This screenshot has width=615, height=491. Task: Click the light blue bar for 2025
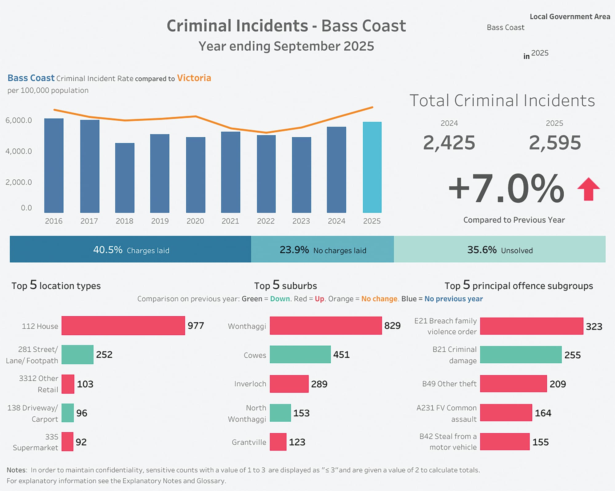[x=372, y=167]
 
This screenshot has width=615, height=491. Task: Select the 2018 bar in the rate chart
[x=125, y=178]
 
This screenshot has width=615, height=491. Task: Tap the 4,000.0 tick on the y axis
[x=18, y=151]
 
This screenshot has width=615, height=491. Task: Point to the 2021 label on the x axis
[x=230, y=221]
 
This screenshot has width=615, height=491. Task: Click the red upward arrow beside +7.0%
[x=588, y=189]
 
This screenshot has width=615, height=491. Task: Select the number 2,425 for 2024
[x=449, y=143]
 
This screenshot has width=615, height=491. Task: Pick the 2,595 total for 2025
[x=555, y=143]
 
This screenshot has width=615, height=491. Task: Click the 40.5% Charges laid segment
[x=130, y=249]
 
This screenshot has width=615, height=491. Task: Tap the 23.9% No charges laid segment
[x=322, y=249]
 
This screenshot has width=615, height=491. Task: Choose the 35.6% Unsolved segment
[x=499, y=249]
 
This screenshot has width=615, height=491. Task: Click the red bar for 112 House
[x=123, y=325]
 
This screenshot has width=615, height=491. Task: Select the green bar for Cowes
[x=300, y=354]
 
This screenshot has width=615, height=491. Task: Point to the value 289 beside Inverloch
[x=319, y=384]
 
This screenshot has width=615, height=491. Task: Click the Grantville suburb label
[x=249, y=442]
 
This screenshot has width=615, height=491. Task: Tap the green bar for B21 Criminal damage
[x=521, y=355]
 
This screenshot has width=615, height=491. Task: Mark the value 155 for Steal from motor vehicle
[x=540, y=442]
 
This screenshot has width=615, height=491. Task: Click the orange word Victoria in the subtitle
[x=194, y=78]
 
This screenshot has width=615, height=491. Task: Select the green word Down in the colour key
[x=280, y=299]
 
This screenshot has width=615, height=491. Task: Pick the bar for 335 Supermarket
[x=67, y=442]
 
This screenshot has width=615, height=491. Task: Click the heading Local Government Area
[x=569, y=17]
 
